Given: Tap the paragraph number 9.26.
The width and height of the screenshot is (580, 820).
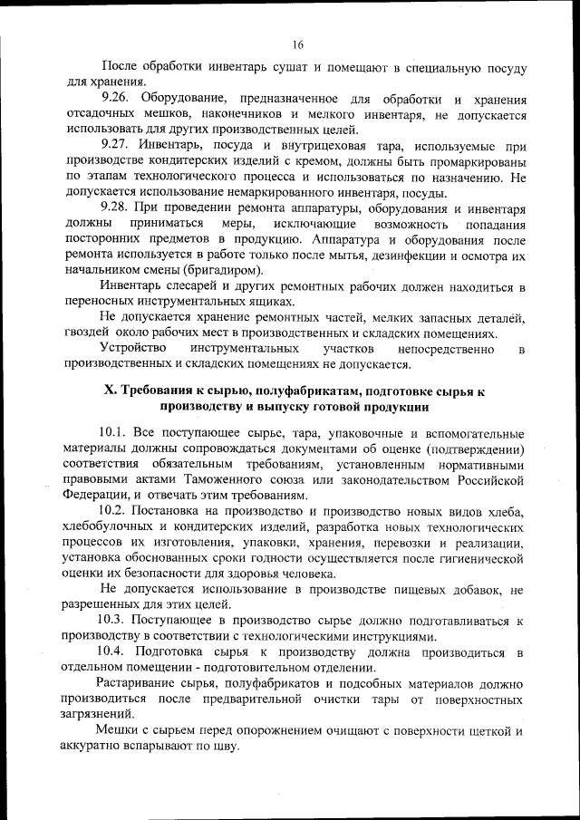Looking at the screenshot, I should pos(118,97).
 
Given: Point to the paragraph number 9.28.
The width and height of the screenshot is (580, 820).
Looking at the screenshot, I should pos(118,208).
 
